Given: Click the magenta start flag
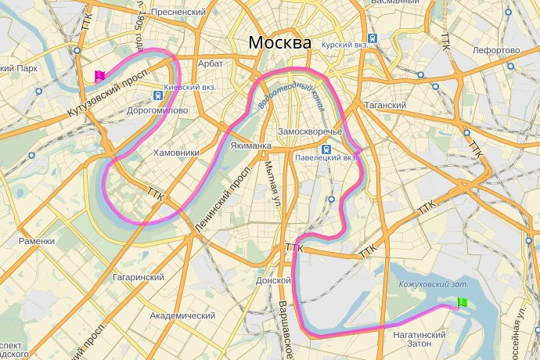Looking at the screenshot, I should click(x=99, y=76).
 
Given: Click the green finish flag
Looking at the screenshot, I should click(x=462, y=303).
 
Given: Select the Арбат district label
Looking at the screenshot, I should click(x=211, y=63).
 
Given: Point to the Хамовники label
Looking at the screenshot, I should click(x=177, y=153).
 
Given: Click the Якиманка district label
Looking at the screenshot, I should click(x=250, y=146).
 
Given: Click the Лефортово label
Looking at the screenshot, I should click(x=496, y=51).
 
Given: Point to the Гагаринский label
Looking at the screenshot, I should click(x=138, y=277).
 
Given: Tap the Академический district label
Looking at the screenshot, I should click(x=182, y=315).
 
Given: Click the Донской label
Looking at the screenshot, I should click(x=274, y=279).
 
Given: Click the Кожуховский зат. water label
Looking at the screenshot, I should click(x=434, y=284).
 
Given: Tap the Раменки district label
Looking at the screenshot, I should click(x=36, y=241).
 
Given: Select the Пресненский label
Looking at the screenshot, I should click(x=178, y=13).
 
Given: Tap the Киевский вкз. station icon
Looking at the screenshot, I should click(x=160, y=95).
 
